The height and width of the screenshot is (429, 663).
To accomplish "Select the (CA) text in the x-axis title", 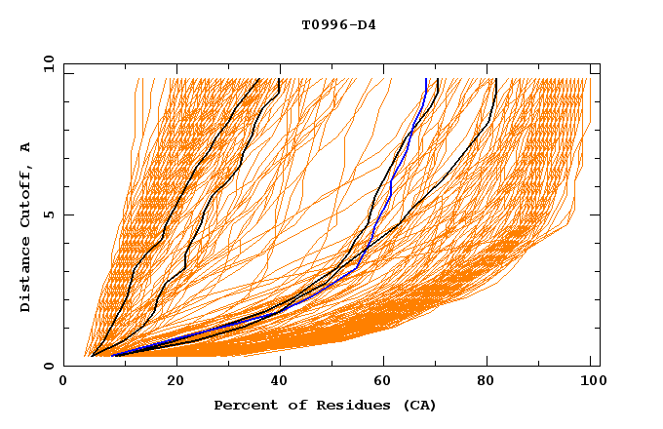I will pyautogui.click(x=416, y=405).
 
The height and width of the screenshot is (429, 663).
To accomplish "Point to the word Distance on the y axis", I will pyautogui.click(x=25, y=276).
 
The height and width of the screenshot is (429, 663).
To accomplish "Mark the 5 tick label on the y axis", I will pyautogui.click(x=48, y=214).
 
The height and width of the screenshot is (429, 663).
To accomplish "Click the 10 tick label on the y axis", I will pyautogui.click(x=44, y=62).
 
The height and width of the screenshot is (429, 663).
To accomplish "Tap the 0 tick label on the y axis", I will pyautogui.click(x=48, y=366).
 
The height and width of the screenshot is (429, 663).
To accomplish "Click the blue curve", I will pyautogui.click(x=390, y=185).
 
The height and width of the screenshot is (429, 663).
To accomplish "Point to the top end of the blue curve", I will pyautogui.click(x=426, y=80).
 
